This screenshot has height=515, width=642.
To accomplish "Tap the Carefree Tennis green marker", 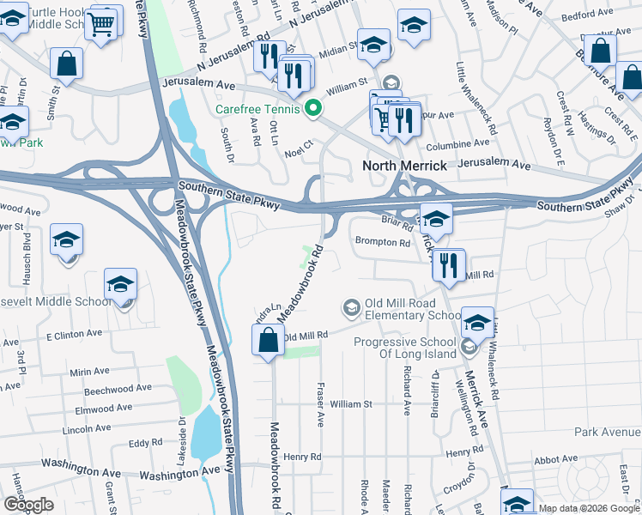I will coord(314,109).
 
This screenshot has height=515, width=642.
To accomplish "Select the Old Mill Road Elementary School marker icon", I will coord(351,306).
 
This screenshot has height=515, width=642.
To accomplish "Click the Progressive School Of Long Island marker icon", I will coord(468,348).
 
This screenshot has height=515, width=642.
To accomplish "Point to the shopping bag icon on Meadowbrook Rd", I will coord(269,340).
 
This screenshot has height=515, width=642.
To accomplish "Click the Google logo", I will coord(28,505).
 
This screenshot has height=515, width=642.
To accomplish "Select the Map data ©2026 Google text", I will coord(589,508).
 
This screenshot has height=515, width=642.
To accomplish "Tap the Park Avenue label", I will coord(608,432).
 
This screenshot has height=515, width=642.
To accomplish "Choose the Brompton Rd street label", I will coord(383,243).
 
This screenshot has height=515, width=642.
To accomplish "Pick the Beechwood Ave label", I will coord(100,390).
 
